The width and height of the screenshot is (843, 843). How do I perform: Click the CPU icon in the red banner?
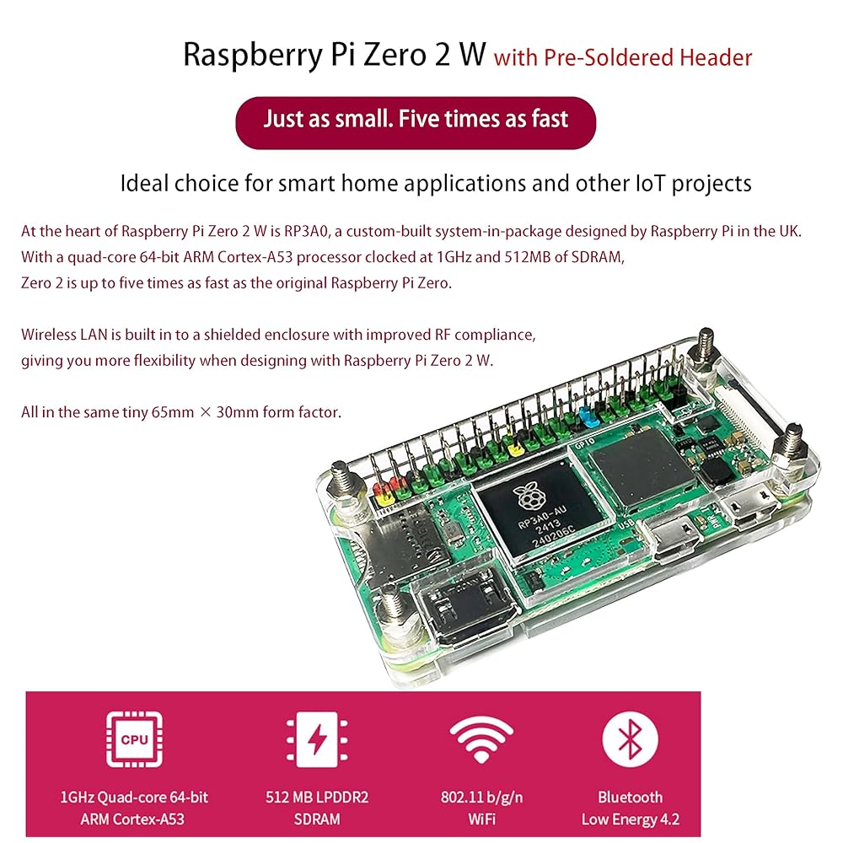coord(134,739)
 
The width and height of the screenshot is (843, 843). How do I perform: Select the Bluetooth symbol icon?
coord(630,739)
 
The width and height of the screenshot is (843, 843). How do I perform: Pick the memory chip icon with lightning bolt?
coord(315,739)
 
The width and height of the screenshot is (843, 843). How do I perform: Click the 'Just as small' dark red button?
coord(416,119)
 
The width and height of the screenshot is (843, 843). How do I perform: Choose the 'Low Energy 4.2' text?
coord(630,819)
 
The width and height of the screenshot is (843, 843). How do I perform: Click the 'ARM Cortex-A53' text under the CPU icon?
coord(134,819)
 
